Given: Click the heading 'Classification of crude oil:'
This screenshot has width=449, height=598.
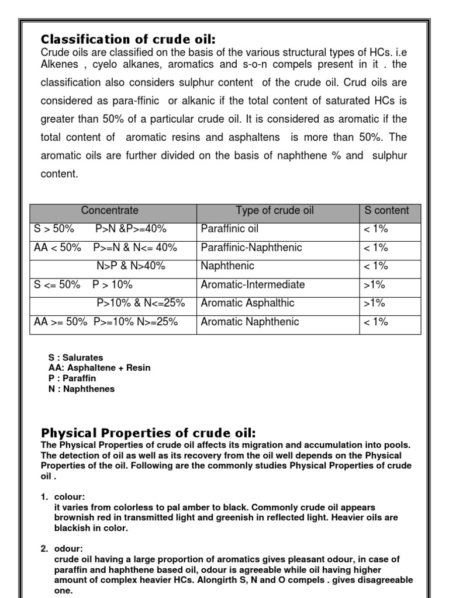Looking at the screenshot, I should [x=128, y=40].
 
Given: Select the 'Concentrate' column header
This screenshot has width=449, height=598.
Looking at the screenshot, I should [x=110, y=210].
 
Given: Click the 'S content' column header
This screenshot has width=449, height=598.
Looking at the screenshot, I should [x=386, y=210].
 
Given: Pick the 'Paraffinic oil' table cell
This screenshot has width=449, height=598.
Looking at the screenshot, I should [x=229, y=229].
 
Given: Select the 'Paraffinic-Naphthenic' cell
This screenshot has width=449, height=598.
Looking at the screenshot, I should [x=251, y=248].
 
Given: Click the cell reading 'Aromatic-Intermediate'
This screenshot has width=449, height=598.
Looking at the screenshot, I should [x=253, y=284].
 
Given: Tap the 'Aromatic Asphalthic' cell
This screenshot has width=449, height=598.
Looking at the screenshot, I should [x=247, y=303].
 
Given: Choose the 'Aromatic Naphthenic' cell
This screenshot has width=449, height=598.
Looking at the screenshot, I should [x=250, y=322].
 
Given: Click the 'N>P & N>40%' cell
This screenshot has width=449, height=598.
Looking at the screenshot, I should [x=131, y=266].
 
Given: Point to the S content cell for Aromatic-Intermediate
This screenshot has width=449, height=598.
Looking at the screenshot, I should [x=374, y=284].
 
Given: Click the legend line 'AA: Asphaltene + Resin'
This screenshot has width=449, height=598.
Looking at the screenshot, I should [x=99, y=368].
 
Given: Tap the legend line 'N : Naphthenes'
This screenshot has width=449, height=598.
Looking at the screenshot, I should [x=82, y=389].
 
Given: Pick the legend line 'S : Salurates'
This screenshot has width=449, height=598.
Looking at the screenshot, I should [x=76, y=357].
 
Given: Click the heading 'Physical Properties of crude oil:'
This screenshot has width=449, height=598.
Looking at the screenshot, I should [x=148, y=433].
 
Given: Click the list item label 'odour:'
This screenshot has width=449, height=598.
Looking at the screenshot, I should [x=68, y=549].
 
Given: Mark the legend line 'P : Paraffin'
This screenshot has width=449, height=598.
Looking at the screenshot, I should [x=72, y=378].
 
